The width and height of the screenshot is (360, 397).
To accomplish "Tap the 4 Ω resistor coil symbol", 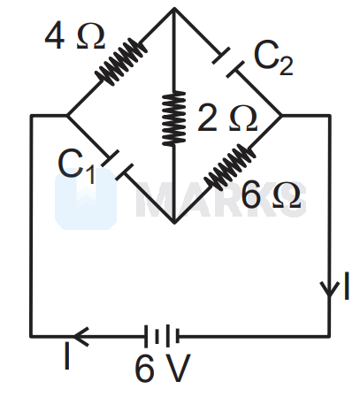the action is pyautogui.click(x=121, y=61).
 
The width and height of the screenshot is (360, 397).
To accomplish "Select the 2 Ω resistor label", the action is pyautogui.click(x=227, y=118).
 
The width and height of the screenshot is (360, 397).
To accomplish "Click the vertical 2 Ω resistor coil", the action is pyautogui.click(x=174, y=118).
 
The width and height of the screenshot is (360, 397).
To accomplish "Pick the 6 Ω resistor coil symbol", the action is pyautogui.click(x=230, y=167).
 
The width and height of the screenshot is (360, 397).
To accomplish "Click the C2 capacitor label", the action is pyautogui.click(x=273, y=57).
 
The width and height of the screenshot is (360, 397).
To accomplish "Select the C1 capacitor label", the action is pyautogui.click(x=76, y=165).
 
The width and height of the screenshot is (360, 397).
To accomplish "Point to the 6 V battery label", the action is pyautogui.click(x=163, y=368).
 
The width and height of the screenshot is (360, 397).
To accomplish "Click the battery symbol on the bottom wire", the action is pyautogui.click(x=162, y=336).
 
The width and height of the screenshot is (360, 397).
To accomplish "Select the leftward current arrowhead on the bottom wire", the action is pyautogui.click(x=80, y=336).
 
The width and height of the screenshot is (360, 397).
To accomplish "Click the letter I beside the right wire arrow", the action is pyautogui.click(x=347, y=286).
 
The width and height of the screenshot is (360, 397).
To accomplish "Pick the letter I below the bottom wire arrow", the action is pyautogui.click(x=67, y=355).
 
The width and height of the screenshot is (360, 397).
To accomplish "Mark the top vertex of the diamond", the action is pyautogui.click(x=174, y=8).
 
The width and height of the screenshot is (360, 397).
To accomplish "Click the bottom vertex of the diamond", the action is pyautogui.click(x=174, y=223).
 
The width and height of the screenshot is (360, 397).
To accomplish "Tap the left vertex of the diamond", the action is pyautogui.click(x=67, y=116).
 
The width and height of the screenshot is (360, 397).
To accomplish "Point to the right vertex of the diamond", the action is pyautogui.click(x=281, y=116).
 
